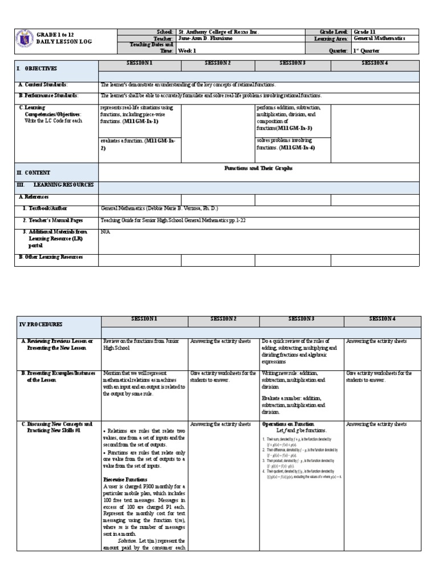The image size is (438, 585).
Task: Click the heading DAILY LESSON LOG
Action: click(x=63, y=42)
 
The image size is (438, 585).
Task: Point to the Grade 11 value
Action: click(x=364, y=32)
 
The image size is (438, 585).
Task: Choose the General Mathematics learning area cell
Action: click(x=379, y=38)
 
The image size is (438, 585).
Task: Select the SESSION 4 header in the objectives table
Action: click(x=375, y=62)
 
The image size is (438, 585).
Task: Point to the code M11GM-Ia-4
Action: click(x=297, y=147)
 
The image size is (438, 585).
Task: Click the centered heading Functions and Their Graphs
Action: click(x=258, y=168)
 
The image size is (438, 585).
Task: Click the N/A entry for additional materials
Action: click(x=105, y=232)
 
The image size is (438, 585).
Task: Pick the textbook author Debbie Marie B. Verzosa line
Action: click(x=159, y=209)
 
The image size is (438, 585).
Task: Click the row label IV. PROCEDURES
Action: click(x=40, y=323)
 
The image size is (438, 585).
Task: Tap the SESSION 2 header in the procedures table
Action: click(x=224, y=319)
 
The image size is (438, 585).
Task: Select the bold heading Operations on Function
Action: click(x=288, y=424)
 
